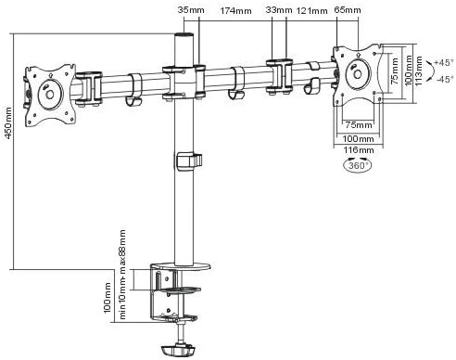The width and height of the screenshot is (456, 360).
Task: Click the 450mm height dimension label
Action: pos(8,122)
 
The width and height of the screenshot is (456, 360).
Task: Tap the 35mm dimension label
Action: pos(191,10)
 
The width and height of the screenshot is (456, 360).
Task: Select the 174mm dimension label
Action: pos(235,11)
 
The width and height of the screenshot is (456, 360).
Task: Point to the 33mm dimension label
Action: pos(279,10)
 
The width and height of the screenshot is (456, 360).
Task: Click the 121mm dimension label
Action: pos(311,11)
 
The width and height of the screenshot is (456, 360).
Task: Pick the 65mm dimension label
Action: pos(348,10)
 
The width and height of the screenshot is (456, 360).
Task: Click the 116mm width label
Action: pos(359,150)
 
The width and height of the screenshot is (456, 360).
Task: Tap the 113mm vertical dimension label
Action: pos(418,71)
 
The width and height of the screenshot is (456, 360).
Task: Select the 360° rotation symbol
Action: pos(358,165)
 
